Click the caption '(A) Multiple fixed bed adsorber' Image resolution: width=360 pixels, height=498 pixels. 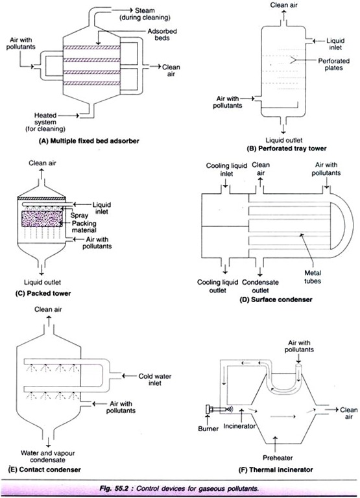tap(89, 141)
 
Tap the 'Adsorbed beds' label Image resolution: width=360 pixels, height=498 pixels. tap(162, 34)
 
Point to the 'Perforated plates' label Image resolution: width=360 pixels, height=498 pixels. tap(333, 64)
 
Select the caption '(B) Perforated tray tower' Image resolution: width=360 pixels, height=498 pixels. tap(286, 148)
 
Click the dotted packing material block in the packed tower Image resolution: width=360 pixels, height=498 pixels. tap(42, 219)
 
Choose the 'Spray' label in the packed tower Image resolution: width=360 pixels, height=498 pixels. tap(79, 215)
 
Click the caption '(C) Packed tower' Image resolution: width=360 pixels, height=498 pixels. tap(43, 293)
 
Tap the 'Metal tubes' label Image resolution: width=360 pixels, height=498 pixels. tap(313, 277)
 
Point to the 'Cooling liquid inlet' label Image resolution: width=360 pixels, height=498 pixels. tap(226, 170)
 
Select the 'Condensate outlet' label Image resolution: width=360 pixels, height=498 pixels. tap(260, 286)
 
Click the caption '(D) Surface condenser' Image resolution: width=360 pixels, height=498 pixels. tap(276, 300)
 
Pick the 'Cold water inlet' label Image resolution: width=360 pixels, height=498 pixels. tap(155, 379)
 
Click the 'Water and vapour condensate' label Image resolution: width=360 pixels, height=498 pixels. tap(47, 456)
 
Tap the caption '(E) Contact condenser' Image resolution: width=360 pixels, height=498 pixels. tap(44, 469)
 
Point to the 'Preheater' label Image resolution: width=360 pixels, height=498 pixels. tap(278, 458)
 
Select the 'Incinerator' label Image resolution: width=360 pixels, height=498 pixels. tap(239, 426)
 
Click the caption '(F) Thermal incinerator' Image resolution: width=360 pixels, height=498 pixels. tap(276, 469)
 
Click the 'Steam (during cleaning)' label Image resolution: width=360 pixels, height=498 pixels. tap(145, 14)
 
